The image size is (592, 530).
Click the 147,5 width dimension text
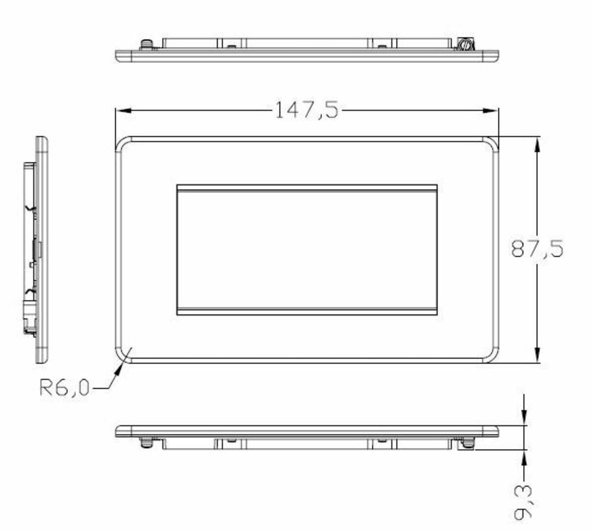306,110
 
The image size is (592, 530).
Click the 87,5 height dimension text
537,248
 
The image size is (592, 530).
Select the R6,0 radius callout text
65,389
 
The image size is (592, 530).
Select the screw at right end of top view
464,45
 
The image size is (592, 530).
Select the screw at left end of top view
146,45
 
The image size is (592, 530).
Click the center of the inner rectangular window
307,249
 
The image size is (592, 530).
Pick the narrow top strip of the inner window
307,188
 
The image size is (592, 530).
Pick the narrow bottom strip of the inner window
307,312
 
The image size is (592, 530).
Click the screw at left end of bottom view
146,443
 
